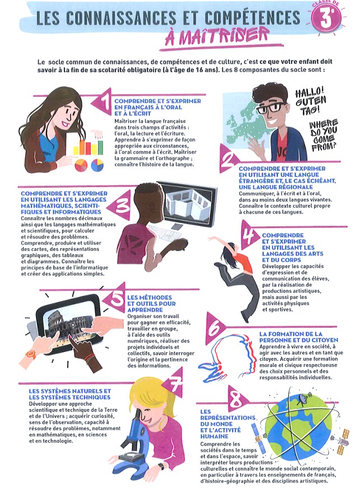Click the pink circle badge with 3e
[325, 18]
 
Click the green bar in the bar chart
[100, 147]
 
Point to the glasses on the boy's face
[270, 108]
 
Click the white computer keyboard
[164, 234]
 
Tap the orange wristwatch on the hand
[30, 354]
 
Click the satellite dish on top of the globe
[303, 397]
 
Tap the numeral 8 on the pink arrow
[236, 400]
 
